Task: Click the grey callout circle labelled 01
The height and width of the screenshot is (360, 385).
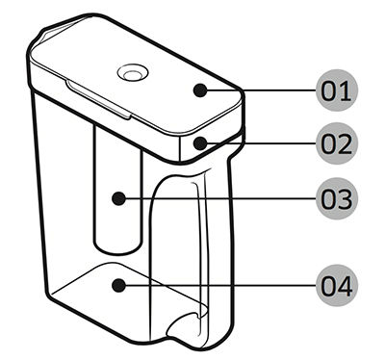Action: tap(337, 90)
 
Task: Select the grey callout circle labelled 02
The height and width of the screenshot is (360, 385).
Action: tap(337, 143)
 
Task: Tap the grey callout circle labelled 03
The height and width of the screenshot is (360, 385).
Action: tap(337, 198)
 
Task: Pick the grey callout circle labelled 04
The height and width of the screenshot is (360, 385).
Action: tap(337, 286)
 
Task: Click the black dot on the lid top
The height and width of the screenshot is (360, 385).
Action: tap(200, 90)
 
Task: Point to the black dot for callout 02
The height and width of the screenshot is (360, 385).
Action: tap(200, 143)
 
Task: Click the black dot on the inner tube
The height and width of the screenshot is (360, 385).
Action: tap(119, 198)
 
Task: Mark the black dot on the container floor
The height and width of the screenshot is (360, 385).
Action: tap(119, 285)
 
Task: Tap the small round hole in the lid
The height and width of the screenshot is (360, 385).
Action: tap(133, 73)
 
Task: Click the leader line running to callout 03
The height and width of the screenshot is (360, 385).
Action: tap(220, 198)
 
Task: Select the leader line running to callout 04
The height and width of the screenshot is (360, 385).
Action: tap(220, 285)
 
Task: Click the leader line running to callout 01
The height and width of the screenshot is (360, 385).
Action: tap(262, 90)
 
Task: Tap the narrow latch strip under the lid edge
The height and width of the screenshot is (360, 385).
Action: tap(98, 99)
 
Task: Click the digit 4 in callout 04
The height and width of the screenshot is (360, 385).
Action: tap(345, 286)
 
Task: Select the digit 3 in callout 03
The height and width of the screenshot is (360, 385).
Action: tap(345, 199)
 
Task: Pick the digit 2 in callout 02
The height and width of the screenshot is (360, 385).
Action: tap(345, 143)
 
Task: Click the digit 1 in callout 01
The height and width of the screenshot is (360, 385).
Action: tap(346, 90)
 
